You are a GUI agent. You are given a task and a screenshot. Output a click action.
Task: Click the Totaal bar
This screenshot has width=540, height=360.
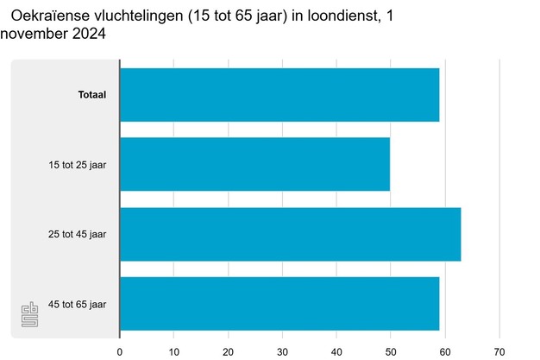(279, 95)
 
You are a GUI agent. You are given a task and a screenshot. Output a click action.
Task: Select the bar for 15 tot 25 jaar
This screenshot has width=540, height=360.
(254, 164)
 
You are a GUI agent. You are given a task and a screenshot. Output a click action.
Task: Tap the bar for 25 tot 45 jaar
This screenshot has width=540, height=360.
(290, 234)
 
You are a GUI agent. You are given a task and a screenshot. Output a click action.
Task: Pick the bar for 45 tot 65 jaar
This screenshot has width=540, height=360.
(279, 304)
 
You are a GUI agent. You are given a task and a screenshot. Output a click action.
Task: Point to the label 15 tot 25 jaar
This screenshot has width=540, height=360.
(78, 164)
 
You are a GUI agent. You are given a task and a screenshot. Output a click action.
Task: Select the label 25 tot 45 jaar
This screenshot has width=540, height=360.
(78, 234)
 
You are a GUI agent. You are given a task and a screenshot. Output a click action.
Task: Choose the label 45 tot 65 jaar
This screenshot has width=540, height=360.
(78, 304)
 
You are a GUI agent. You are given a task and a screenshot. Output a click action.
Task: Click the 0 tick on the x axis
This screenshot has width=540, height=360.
(120, 351)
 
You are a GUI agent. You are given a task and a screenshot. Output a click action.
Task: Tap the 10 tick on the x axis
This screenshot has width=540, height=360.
(174, 351)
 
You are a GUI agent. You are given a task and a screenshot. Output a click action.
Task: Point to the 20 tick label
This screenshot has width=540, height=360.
(229, 351)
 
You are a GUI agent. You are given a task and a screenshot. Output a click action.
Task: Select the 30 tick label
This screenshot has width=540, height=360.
(282, 351)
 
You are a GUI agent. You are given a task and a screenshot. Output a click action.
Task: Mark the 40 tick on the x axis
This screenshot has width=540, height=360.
(336, 351)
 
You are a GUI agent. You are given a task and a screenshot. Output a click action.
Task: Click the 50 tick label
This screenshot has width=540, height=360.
(391, 351)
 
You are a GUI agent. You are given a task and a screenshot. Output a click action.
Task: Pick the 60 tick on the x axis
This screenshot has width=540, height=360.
(445, 351)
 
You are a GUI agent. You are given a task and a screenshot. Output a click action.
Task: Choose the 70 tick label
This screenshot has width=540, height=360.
(499, 351)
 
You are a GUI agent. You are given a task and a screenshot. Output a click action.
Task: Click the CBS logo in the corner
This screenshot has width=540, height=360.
(30, 315)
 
